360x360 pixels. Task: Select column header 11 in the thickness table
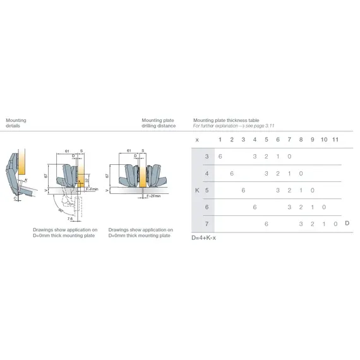point(335,139)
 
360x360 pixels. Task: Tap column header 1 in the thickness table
point(220,139)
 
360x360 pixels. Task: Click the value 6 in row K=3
point(220,156)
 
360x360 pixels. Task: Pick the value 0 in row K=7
point(335,224)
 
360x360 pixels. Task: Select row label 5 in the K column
point(207,190)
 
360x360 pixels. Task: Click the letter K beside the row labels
point(196,190)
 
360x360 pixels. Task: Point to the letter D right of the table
point(348,224)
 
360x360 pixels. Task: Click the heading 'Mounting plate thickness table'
point(226,120)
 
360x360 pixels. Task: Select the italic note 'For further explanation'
point(234,126)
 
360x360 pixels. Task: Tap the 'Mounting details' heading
point(16,123)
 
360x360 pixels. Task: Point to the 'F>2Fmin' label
point(151,196)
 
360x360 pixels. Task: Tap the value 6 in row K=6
point(255,207)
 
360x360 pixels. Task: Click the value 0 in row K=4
point(301,173)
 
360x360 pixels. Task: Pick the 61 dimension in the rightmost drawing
point(129,152)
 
